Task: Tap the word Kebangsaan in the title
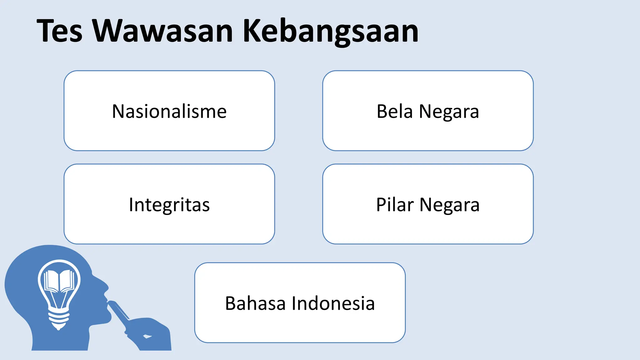(x=331, y=31)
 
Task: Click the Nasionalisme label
(x=169, y=111)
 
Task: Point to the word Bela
(x=395, y=111)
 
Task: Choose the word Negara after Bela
(x=449, y=112)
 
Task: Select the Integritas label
(x=169, y=205)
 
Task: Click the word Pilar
(x=395, y=205)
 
